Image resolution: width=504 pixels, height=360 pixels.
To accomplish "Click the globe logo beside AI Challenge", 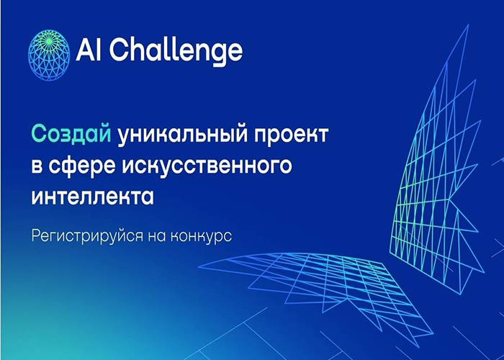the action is (x=49, y=55).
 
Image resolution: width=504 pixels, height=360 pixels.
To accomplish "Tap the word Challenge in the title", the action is (x=176, y=51).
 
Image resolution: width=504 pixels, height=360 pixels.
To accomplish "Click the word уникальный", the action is (x=183, y=135).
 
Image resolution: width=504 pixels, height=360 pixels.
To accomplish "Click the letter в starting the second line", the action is (x=37, y=166).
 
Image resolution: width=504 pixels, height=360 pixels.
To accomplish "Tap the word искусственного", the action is (x=207, y=166).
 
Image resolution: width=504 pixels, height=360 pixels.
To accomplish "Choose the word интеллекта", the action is (x=93, y=197).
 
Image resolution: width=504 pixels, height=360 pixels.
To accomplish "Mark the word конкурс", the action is (x=201, y=238).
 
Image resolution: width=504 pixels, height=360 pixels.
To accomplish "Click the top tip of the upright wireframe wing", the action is (x=468, y=24).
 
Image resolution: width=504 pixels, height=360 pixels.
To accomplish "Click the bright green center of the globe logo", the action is (x=48, y=41).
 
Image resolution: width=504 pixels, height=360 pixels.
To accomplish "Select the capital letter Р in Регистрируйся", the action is (x=36, y=236).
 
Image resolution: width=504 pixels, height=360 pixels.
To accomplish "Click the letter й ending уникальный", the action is (x=241, y=135).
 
